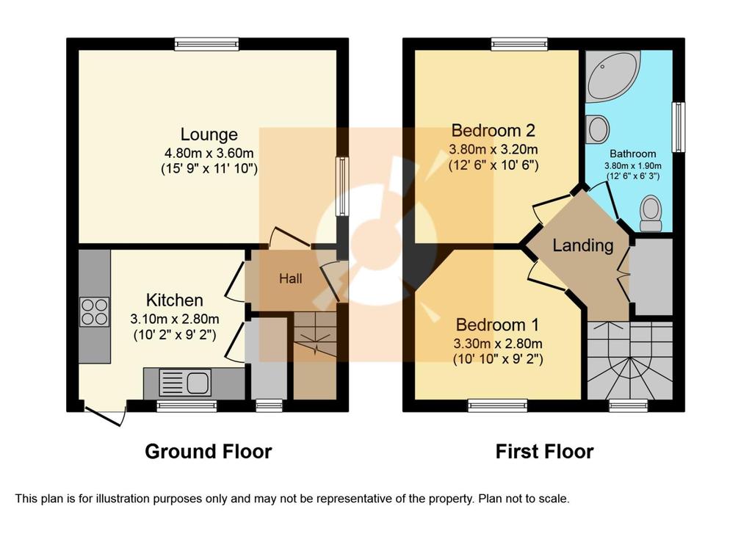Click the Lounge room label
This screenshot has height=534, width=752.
point(209,135)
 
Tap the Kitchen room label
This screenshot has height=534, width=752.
point(175,300)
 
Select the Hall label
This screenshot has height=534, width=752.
point(291,278)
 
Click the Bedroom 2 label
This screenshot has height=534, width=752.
point(493,131)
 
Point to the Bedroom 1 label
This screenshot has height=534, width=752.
point(497,325)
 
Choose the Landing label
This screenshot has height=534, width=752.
point(583,245)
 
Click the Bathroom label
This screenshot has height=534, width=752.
point(632,154)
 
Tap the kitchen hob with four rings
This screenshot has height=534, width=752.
point(95,312)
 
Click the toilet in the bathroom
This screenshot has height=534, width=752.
point(651,214)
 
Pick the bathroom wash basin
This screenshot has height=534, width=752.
point(598,129)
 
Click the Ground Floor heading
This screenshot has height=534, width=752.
point(208,452)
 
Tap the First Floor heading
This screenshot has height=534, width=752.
point(544,452)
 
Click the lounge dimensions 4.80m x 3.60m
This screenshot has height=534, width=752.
point(209,154)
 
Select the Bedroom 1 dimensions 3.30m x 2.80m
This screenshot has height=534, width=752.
point(498,344)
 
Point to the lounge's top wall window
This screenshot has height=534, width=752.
point(206,45)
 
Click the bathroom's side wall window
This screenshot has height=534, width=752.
point(679,126)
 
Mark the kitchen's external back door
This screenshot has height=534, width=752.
point(105,415)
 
